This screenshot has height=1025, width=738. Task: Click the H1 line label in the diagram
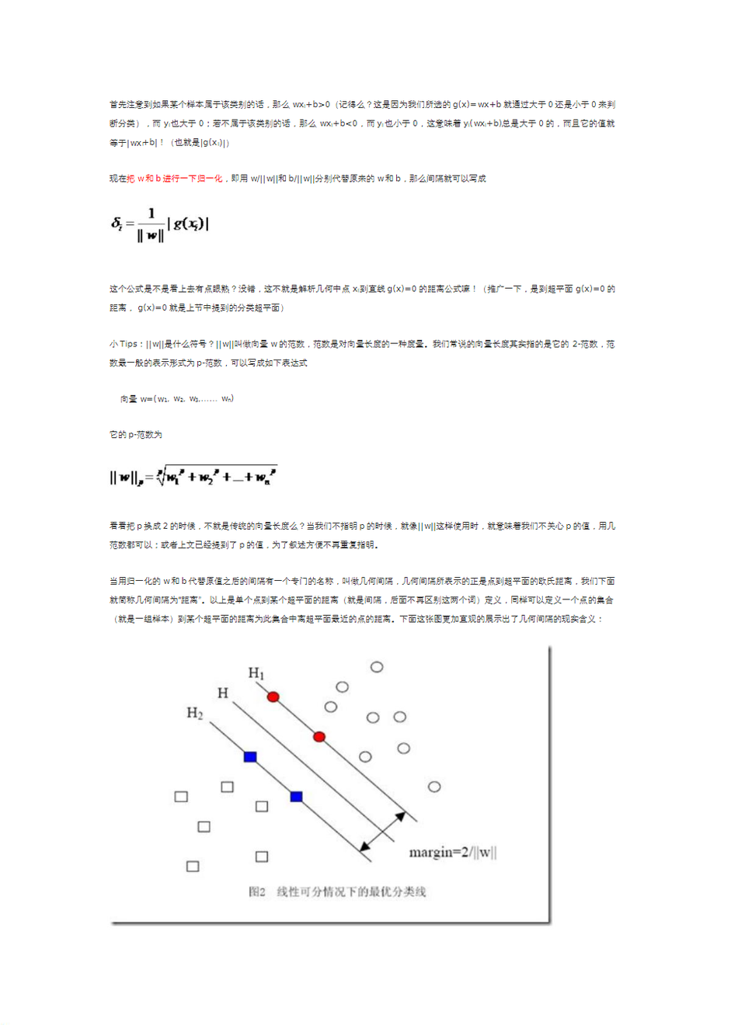click(x=256, y=672)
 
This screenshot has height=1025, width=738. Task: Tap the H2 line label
click(x=194, y=713)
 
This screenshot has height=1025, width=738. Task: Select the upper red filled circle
click(x=273, y=697)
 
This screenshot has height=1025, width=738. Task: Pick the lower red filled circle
click(x=319, y=736)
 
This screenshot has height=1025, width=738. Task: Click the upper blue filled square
click(x=250, y=756)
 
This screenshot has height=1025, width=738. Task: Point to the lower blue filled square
click(x=296, y=796)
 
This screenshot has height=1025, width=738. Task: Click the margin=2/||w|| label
click(x=452, y=853)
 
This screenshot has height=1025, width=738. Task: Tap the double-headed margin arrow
click(x=387, y=833)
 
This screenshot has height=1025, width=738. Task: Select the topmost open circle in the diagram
click(x=377, y=666)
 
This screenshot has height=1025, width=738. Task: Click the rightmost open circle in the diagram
click(x=434, y=787)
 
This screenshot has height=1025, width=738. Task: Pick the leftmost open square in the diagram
click(x=181, y=796)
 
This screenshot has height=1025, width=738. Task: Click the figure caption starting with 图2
click(x=337, y=891)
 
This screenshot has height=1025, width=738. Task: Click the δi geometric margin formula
click(x=160, y=224)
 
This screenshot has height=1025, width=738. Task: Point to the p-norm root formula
click(x=193, y=476)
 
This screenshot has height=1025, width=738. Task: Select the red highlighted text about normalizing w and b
click(x=175, y=179)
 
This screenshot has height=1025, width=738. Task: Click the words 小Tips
click(x=124, y=344)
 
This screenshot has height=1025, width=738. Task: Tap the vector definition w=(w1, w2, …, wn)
click(x=177, y=399)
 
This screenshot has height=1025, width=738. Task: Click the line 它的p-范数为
click(x=136, y=435)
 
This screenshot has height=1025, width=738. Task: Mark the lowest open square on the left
click(x=193, y=866)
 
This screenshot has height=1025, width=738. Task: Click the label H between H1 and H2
click(x=223, y=693)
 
